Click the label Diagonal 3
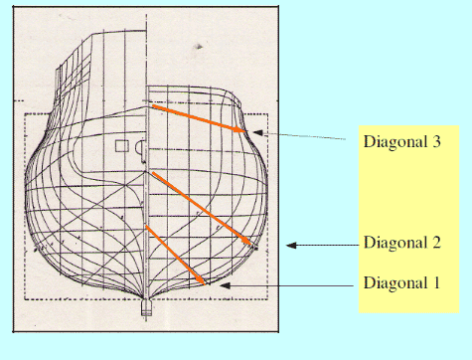pos(402,142)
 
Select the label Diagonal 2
pos(402,243)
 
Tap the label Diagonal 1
pos(401,283)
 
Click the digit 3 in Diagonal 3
pos(436,141)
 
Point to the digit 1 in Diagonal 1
pos(436,282)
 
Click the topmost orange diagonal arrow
pos(199,118)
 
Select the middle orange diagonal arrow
pos(202,209)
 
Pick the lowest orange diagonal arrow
pos(176,255)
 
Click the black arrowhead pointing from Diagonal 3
pos(257,132)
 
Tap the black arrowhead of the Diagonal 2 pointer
pos(291,246)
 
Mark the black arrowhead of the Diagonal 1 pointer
pos(225,285)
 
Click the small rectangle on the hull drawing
pos(122,146)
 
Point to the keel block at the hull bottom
pos(146,307)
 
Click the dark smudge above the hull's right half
pos(198,47)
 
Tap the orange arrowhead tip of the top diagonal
pos(246,132)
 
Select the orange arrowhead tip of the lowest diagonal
pos(206,284)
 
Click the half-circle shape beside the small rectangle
pos(141,147)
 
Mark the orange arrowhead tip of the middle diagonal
pos(251,246)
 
